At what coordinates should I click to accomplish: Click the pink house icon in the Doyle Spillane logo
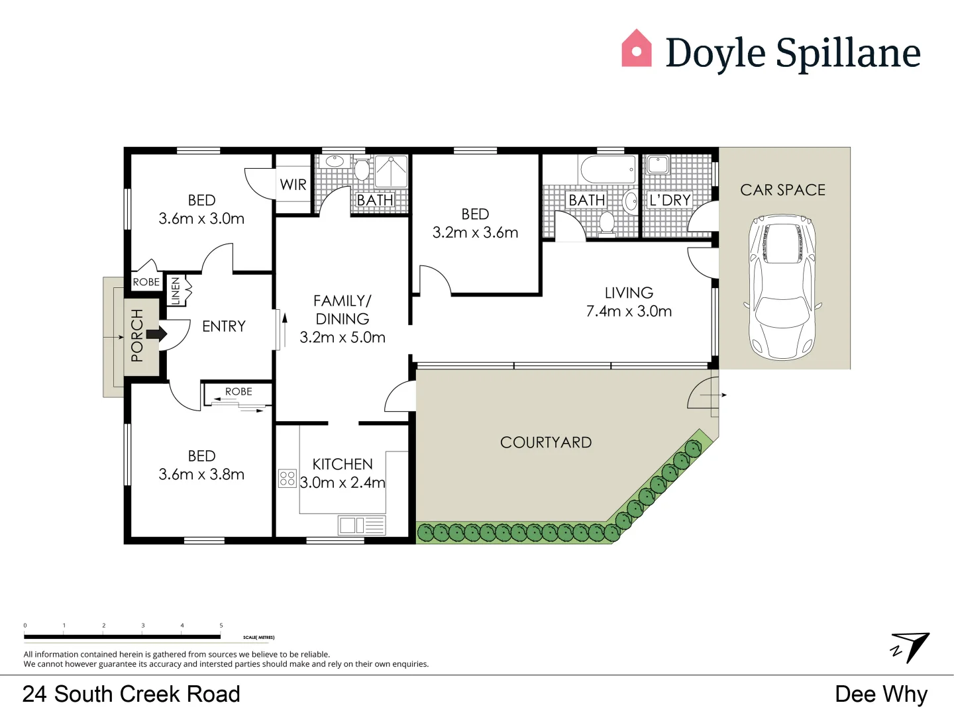[636, 49]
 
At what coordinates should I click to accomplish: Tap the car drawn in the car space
[782, 286]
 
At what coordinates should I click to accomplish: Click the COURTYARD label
[546, 442]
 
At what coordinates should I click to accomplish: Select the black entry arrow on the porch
[156, 334]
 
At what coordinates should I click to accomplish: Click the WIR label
[293, 185]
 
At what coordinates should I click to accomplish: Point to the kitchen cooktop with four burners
[287, 479]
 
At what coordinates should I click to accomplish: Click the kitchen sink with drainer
[362, 526]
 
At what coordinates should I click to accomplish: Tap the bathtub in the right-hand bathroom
[608, 170]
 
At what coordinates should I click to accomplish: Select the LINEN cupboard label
[176, 291]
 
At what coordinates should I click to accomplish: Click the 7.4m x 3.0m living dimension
[629, 311]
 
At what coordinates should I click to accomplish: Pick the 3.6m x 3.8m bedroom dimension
[201, 475]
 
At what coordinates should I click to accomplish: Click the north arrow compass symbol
[911, 647]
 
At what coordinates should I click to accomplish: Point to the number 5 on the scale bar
[221, 625]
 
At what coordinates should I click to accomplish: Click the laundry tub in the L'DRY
[658, 164]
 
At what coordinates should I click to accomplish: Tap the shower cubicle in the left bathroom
[392, 171]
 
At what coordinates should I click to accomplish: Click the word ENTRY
[224, 326]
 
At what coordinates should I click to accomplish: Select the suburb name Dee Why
[881, 694]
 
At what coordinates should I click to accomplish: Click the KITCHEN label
[343, 464]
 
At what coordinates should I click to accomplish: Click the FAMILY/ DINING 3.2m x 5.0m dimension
[343, 338]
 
